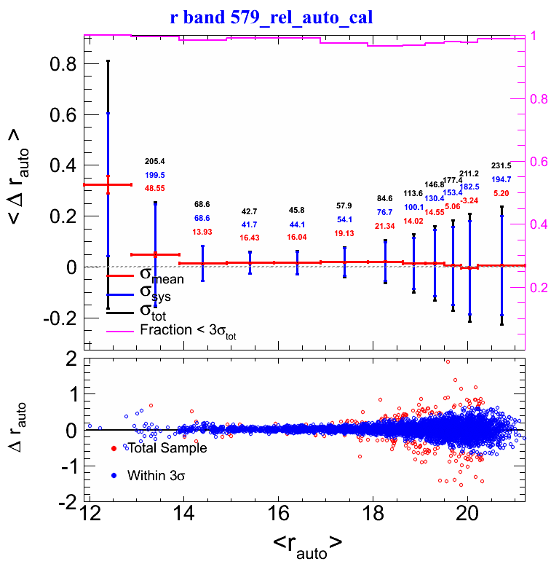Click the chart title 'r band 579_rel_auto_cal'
(x=271, y=17)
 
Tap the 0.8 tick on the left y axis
(x=63, y=64)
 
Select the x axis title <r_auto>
(x=305, y=544)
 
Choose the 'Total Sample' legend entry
(x=167, y=448)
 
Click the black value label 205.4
(x=155, y=161)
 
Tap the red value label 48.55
(x=155, y=188)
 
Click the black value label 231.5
(x=501, y=165)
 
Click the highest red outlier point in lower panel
(x=448, y=361)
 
